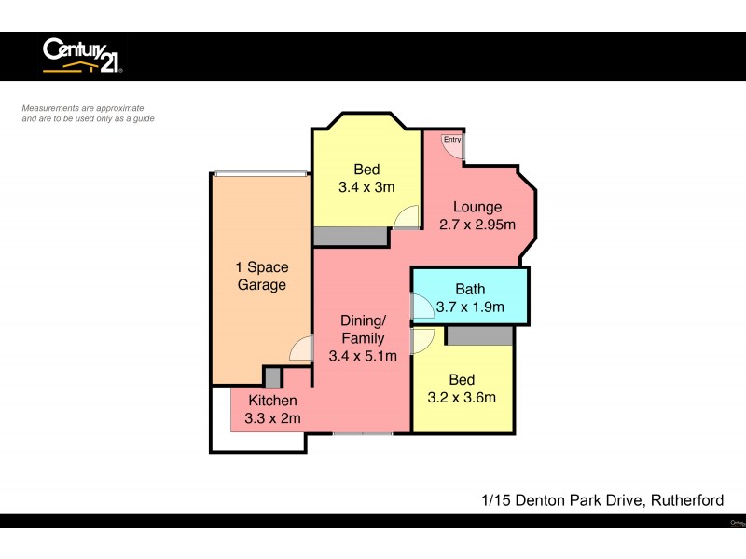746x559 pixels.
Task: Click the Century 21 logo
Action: pyautogui.click(x=82, y=56)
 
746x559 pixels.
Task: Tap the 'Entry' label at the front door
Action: pyautogui.click(x=452, y=140)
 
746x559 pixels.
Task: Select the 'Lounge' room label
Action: pyautogui.click(x=477, y=207)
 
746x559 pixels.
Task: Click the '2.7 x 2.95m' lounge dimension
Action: pyautogui.click(x=477, y=225)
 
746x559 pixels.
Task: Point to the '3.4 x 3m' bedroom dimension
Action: pyautogui.click(x=366, y=186)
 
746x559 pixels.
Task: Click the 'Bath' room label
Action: pyautogui.click(x=470, y=289)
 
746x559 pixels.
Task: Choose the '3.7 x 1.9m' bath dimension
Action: pyautogui.click(x=470, y=307)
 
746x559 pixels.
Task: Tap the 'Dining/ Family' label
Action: pyautogui.click(x=363, y=329)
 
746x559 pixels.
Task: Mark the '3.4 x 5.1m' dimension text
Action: pyautogui.click(x=363, y=355)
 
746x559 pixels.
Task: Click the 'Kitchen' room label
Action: pyautogui.click(x=272, y=401)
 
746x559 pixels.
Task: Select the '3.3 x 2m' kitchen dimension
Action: pyautogui.click(x=272, y=418)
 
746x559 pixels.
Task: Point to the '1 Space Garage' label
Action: pyautogui.click(x=261, y=276)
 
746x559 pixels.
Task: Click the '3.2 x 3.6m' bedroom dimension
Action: pyautogui.click(x=462, y=397)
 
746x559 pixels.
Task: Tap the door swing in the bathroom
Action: pyautogui.click(x=421, y=306)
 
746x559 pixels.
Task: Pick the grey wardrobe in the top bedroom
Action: pyautogui.click(x=350, y=237)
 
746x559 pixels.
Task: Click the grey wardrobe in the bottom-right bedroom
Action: pyautogui.click(x=479, y=335)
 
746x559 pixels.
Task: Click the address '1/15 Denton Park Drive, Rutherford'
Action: pyautogui.click(x=601, y=500)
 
